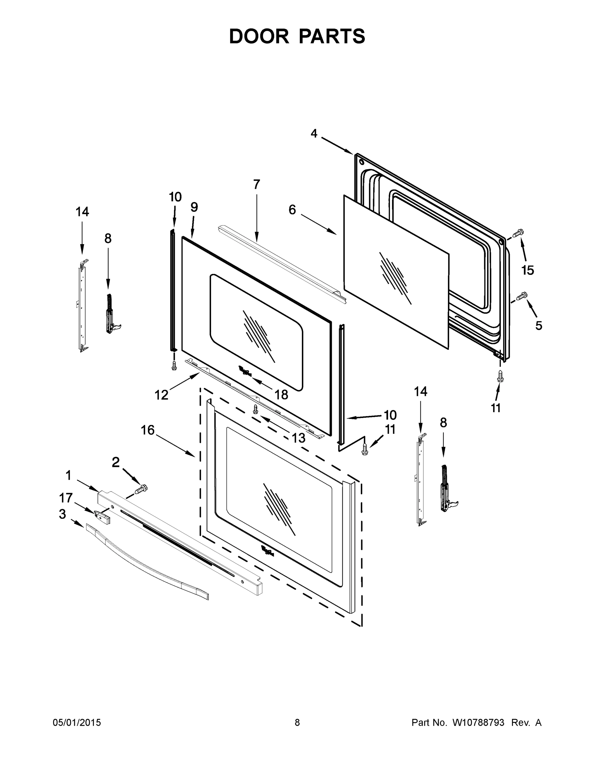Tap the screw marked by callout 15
pyautogui.click(x=518, y=233)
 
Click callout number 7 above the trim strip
pyautogui.click(x=256, y=184)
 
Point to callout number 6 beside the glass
pyautogui.click(x=292, y=210)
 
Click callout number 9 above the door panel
pyautogui.click(x=194, y=207)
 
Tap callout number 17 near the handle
pyautogui.click(x=66, y=498)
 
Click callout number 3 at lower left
pyautogui.click(x=62, y=514)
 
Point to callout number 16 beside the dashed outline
pyautogui.click(x=148, y=430)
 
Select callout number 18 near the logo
pyautogui.click(x=281, y=395)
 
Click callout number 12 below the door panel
pyautogui.click(x=161, y=395)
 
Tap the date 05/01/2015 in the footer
pyautogui.click(x=77, y=723)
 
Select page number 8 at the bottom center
pyautogui.click(x=297, y=723)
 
